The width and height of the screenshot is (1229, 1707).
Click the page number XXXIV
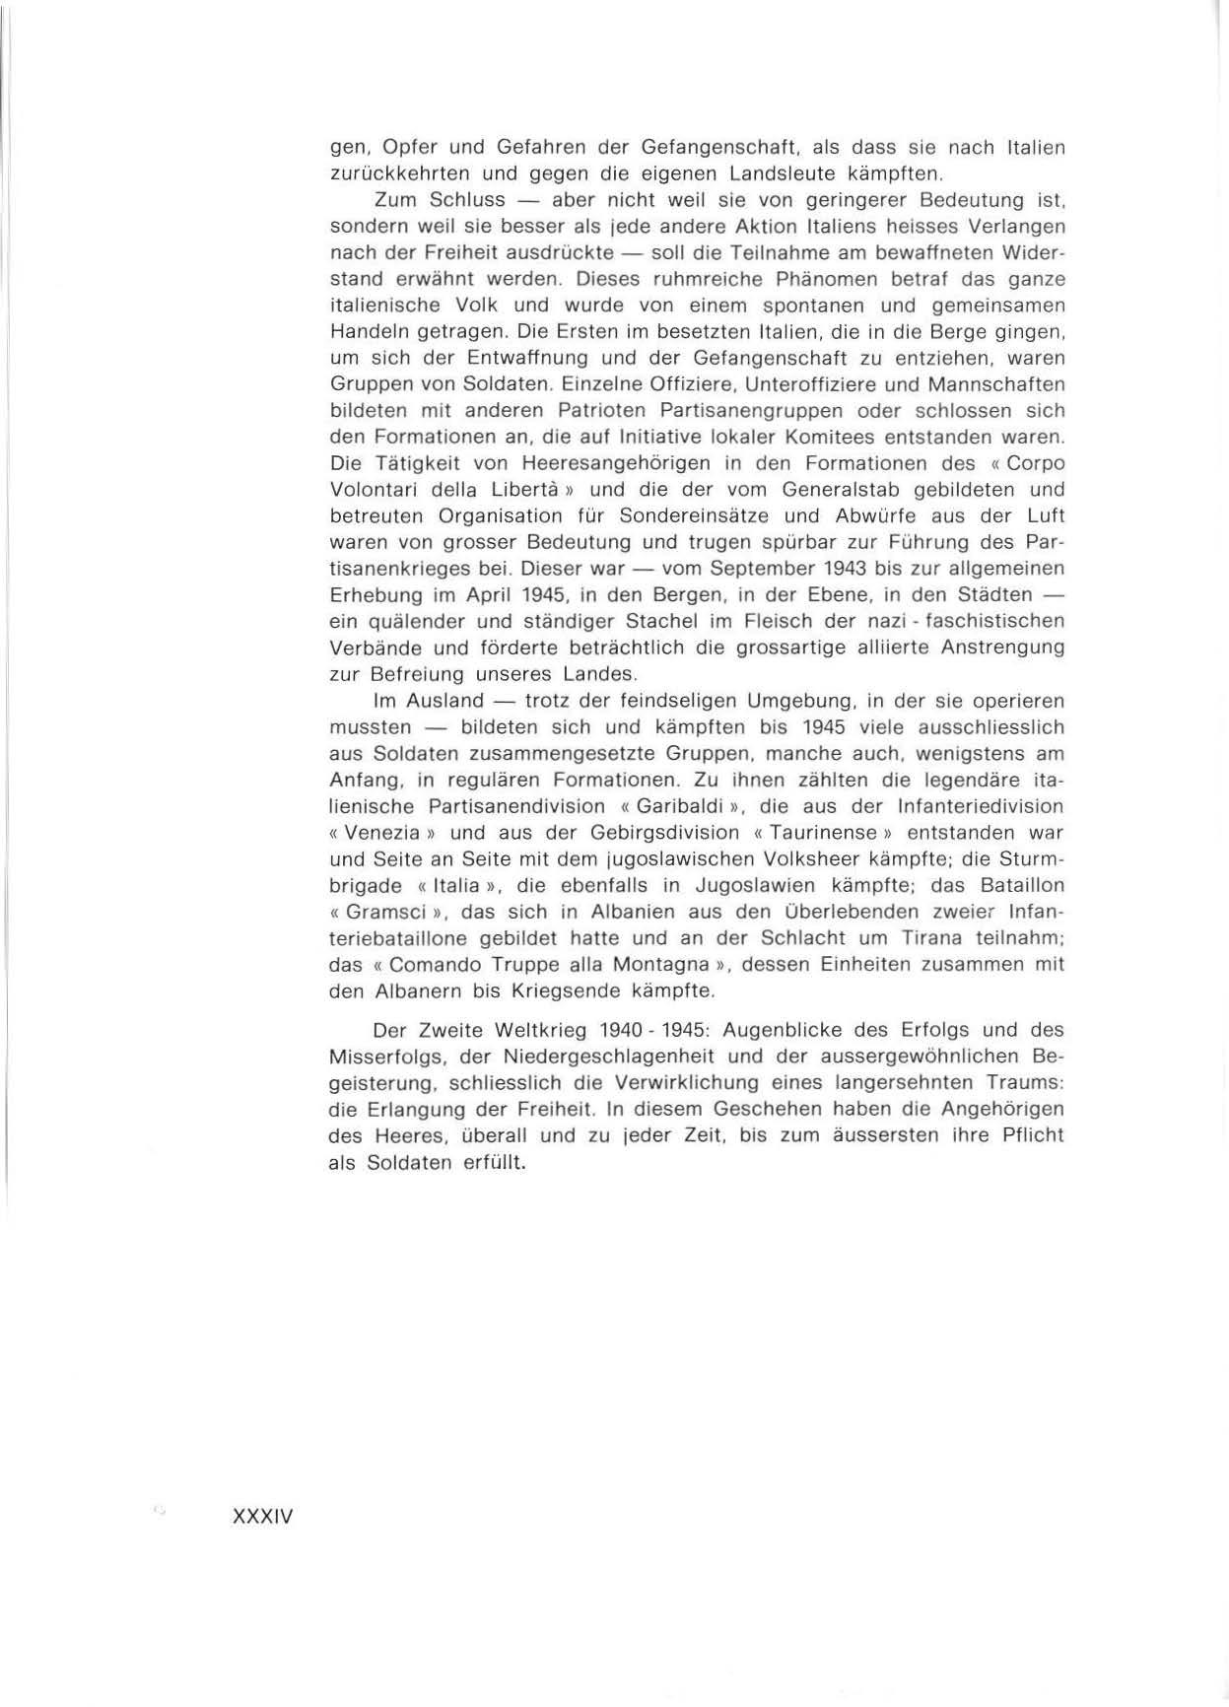coord(262,1517)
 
